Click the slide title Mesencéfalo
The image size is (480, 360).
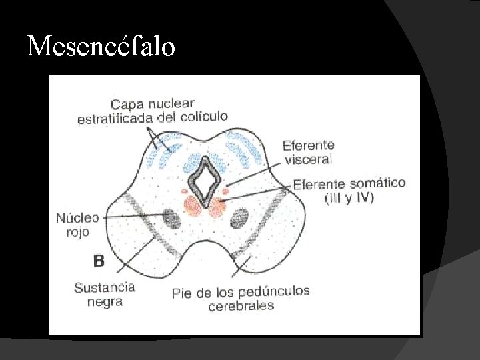(101, 46)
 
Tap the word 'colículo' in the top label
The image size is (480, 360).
(203, 116)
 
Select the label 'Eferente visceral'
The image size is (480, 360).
(308, 152)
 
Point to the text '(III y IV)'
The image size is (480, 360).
(349, 197)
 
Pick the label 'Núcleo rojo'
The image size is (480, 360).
(77, 225)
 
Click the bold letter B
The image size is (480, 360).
(99, 261)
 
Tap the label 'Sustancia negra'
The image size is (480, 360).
(104, 294)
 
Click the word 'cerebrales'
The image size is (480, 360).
(241, 306)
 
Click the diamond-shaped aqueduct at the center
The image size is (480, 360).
(205, 179)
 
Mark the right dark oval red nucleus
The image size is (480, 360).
(239, 217)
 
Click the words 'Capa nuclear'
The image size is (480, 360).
(152, 103)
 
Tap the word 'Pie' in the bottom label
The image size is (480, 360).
(181, 293)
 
